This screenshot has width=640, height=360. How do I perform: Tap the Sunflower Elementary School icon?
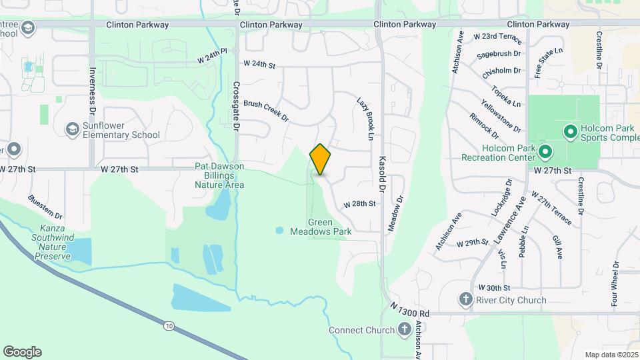[x=72, y=128]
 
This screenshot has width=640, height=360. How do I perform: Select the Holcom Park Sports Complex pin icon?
[x=570, y=131]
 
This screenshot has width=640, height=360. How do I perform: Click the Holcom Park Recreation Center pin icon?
[x=545, y=152]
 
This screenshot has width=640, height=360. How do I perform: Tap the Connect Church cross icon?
[x=404, y=329]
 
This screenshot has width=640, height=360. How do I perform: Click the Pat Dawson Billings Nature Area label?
[x=219, y=175]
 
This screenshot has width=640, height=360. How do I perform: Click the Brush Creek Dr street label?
[x=265, y=111]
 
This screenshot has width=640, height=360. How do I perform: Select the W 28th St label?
[x=360, y=204]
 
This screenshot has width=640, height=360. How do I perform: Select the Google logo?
[x=22, y=352]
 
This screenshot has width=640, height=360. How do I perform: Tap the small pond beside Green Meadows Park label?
[x=279, y=231]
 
